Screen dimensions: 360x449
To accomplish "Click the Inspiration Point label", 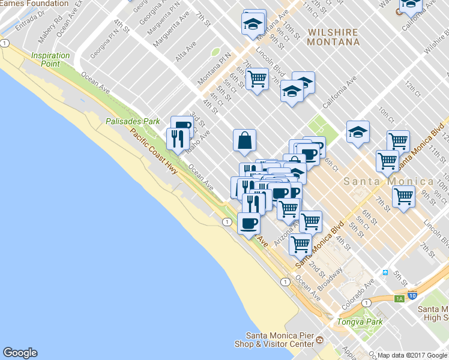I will point(50,59).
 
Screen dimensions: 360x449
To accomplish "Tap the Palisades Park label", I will point(133,121).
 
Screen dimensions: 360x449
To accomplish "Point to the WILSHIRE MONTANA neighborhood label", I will point(333,37).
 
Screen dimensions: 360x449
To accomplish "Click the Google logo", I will point(20,353).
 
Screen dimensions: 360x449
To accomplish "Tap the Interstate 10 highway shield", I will point(412,295).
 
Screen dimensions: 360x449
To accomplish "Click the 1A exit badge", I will point(399,298).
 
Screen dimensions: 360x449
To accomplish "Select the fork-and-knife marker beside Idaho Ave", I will point(178,139).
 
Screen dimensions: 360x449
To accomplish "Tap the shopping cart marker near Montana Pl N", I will point(257,79).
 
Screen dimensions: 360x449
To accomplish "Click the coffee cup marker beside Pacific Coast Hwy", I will point(249,224).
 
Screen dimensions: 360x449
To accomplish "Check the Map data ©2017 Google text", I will point(413,355).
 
